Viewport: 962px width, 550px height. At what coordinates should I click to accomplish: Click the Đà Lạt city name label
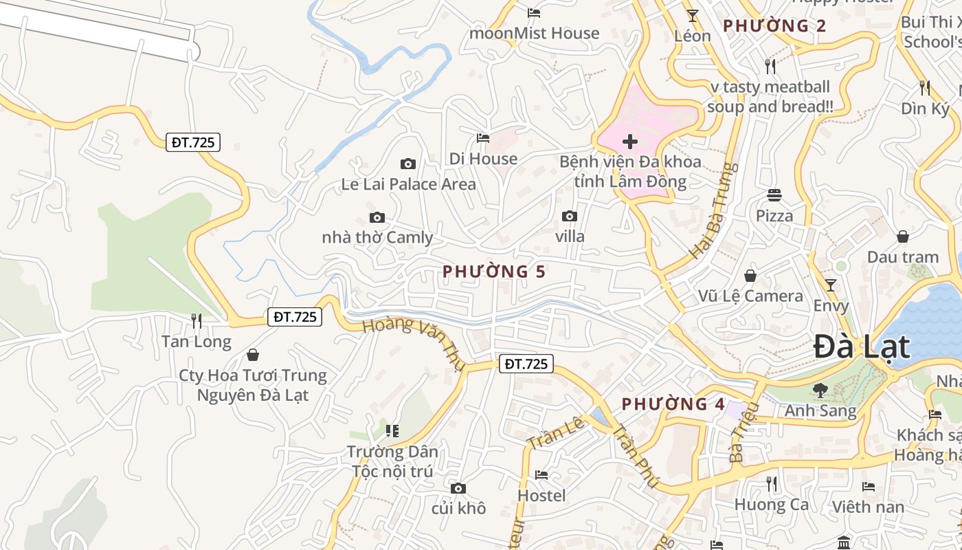click(x=862, y=346)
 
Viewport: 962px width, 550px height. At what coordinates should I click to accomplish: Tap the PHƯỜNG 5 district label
click(x=494, y=272)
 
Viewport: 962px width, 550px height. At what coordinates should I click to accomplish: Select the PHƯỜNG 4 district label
click(x=673, y=404)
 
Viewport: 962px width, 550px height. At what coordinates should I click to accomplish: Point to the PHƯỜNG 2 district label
click(x=774, y=26)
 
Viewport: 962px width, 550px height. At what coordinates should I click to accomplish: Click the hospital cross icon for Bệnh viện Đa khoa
click(x=629, y=142)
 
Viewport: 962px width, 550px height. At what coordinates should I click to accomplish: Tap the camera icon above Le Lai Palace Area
click(x=408, y=164)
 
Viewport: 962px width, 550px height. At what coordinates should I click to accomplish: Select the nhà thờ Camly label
click(x=377, y=238)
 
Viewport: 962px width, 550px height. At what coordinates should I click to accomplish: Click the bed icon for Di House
click(x=483, y=138)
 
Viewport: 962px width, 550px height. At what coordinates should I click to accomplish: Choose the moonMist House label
click(x=534, y=33)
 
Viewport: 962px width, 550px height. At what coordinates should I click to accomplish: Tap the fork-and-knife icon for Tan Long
click(x=197, y=320)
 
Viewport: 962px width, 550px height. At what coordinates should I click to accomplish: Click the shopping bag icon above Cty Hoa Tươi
click(x=253, y=355)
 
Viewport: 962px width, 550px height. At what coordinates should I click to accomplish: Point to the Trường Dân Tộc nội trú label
click(x=392, y=461)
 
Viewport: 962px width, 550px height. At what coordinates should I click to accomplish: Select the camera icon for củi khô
click(x=458, y=488)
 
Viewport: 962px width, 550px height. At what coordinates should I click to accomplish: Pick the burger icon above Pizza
click(x=774, y=195)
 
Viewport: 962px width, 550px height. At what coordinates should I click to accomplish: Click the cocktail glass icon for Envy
click(x=831, y=285)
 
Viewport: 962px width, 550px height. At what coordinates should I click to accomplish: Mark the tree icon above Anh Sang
click(x=820, y=390)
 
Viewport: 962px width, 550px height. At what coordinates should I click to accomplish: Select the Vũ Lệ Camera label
click(x=750, y=296)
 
